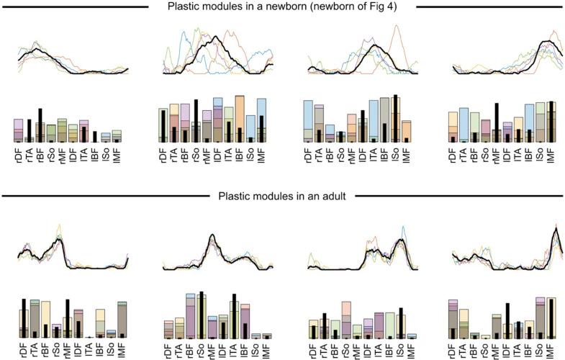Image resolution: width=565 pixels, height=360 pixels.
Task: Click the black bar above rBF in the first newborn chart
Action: coord(40,125)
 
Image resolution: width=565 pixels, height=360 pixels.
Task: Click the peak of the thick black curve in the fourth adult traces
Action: coord(553,230)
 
